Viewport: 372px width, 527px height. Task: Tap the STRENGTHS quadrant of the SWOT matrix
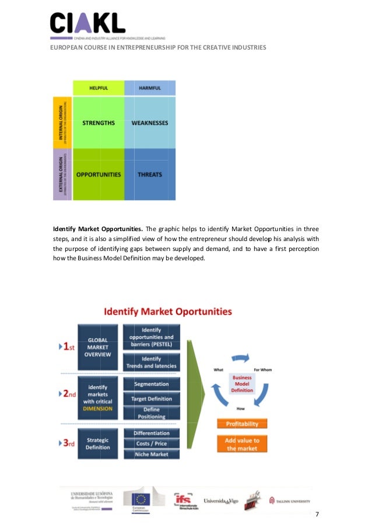click(x=98, y=123)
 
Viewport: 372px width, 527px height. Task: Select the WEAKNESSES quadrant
click(x=150, y=123)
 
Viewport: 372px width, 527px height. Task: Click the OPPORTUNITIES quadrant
click(x=98, y=174)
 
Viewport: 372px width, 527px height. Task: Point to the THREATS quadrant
click(x=150, y=174)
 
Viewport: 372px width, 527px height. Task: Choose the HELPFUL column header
click(x=98, y=88)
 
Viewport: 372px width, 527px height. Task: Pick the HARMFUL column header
click(x=150, y=88)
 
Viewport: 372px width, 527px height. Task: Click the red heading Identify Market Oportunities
click(x=168, y=312)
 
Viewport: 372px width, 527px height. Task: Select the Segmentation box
click(x=152, y=384)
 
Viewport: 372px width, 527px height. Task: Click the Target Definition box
click(x=152, y=399)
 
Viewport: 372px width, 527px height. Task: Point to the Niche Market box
click(x=152, y=454)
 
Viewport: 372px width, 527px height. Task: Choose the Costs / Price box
click(x=152, y=444)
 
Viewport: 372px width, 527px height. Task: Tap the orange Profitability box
click(x=242, y=424)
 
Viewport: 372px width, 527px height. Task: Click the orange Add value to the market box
click(x=242, y=444)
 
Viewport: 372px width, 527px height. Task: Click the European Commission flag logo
click(x=140, y=500)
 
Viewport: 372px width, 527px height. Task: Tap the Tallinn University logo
click(x=289, y=501)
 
